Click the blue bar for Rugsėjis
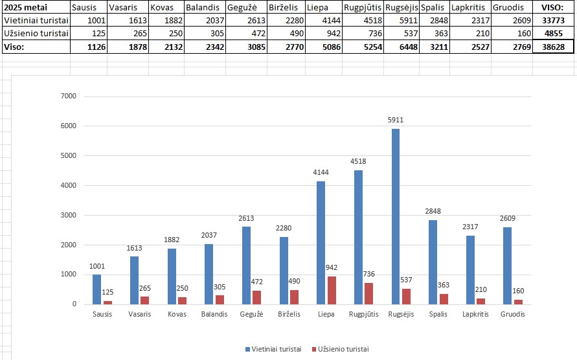(x=395, y=217)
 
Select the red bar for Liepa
(x=332, y=290)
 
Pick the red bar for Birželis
(x=295, y=297)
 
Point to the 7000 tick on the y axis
(x=68, y=96)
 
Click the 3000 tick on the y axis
(x=68, y=215)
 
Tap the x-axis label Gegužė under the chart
(x=251, y=314)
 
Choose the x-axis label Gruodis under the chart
(x=513, y=314)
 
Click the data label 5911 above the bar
(x=395, y=120)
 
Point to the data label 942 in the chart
(x=332, y=267)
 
